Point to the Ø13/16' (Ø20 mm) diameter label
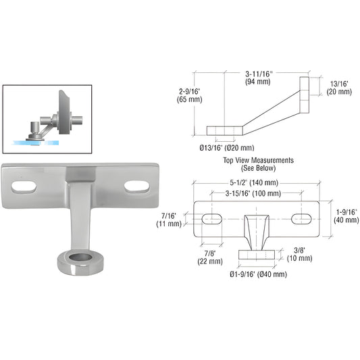pos(226,147)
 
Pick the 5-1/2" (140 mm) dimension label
pos(259,183)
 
